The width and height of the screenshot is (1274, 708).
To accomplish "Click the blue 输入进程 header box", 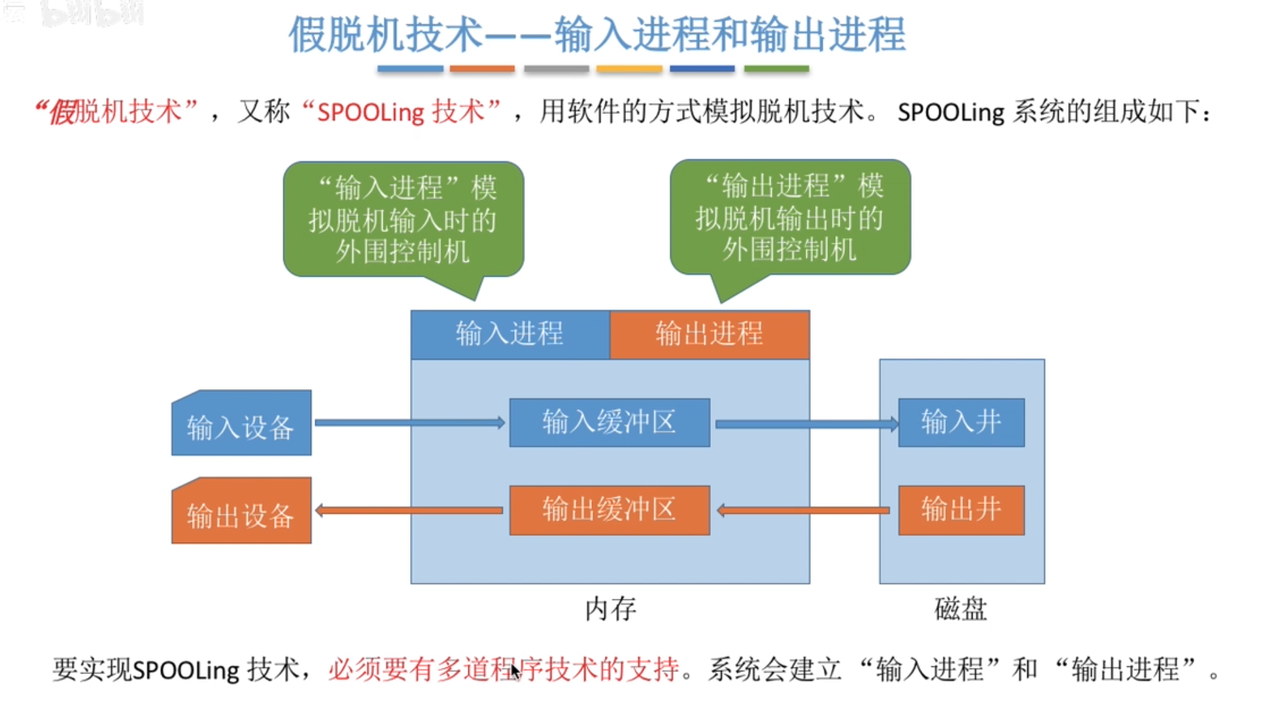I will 509,334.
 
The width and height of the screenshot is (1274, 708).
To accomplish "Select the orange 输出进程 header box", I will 710,334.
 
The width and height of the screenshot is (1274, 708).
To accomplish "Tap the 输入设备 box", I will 241,425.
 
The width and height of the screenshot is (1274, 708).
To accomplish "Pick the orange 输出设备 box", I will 241,513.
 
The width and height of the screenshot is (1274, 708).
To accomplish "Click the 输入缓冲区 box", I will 610,422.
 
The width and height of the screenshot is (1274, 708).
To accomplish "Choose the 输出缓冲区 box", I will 610,510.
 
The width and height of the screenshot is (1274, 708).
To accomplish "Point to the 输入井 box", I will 961,422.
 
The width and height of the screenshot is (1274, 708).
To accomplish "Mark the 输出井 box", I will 961,510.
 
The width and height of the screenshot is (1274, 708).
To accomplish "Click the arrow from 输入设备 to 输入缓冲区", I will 409,423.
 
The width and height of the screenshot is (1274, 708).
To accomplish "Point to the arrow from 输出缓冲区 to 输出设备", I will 409,510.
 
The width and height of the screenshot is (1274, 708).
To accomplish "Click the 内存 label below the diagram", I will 610,609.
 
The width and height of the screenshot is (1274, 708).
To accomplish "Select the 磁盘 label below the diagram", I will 960,609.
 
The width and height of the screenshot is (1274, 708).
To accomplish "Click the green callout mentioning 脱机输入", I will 403,220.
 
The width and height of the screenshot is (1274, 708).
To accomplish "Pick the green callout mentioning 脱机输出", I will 789,218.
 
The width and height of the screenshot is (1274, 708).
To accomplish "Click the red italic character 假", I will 63,112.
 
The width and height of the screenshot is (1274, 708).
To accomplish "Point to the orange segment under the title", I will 482,69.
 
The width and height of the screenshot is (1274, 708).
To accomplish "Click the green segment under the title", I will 776,69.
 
